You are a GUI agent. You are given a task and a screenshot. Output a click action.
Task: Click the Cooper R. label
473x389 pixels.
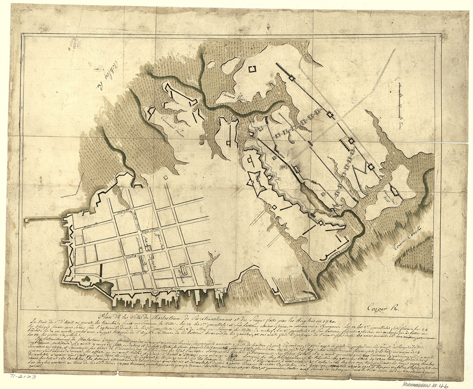pos(384,307)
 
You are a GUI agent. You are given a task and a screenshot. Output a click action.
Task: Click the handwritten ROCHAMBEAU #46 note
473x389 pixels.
pos(426,385)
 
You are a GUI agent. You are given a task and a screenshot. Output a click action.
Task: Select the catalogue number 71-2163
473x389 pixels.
pos(23,377)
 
